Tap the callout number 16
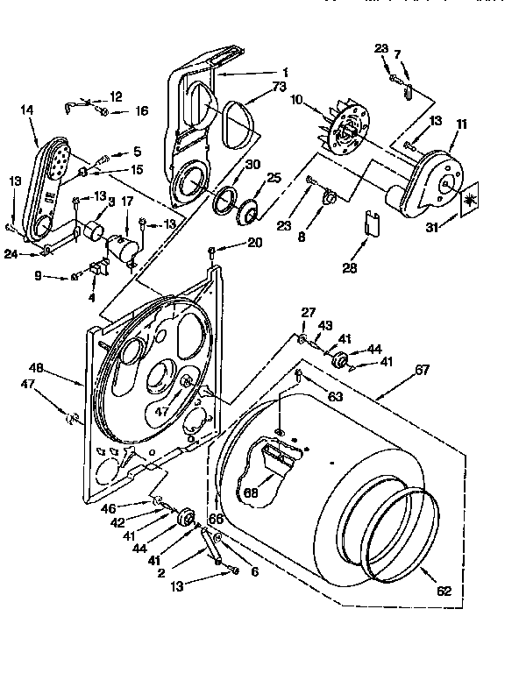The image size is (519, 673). [x=142, y=111]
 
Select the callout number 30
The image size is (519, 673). [x=252, y=165]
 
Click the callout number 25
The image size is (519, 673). [x=274, y=178]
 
